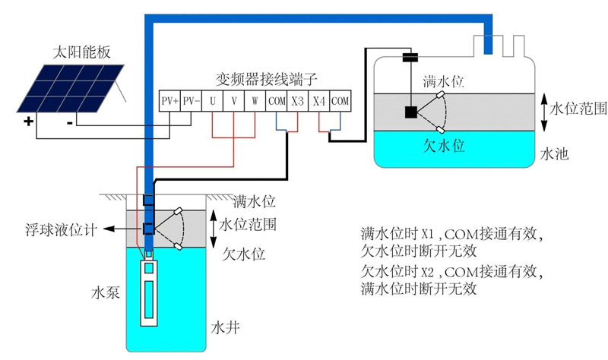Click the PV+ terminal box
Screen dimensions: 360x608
click(x=169, y=100)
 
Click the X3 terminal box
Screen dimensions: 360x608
click(x=297, y=100)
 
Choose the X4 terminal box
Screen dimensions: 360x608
click(x=319, y=100)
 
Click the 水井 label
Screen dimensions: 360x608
click(x=225, y=330)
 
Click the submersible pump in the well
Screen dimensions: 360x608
click(x=150, y=292)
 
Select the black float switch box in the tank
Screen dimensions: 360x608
click(x=410, y=112)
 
